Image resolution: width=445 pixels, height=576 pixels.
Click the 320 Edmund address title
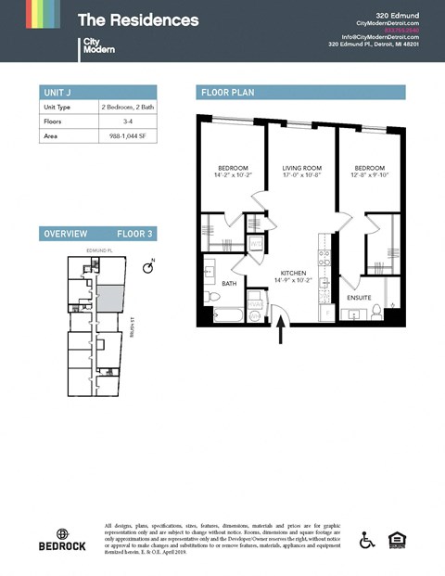pos(400,15)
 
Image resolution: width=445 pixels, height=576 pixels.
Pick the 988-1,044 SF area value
pos(127,136)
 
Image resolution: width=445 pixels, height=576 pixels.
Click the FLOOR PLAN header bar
pos(301,92)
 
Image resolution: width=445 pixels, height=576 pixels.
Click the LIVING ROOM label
pos(301,168)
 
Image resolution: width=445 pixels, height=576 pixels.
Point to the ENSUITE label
pos(360,298)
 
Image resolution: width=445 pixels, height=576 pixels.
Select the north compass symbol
pos(147,267)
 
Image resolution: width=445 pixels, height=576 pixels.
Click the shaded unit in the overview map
pos(109,298)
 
